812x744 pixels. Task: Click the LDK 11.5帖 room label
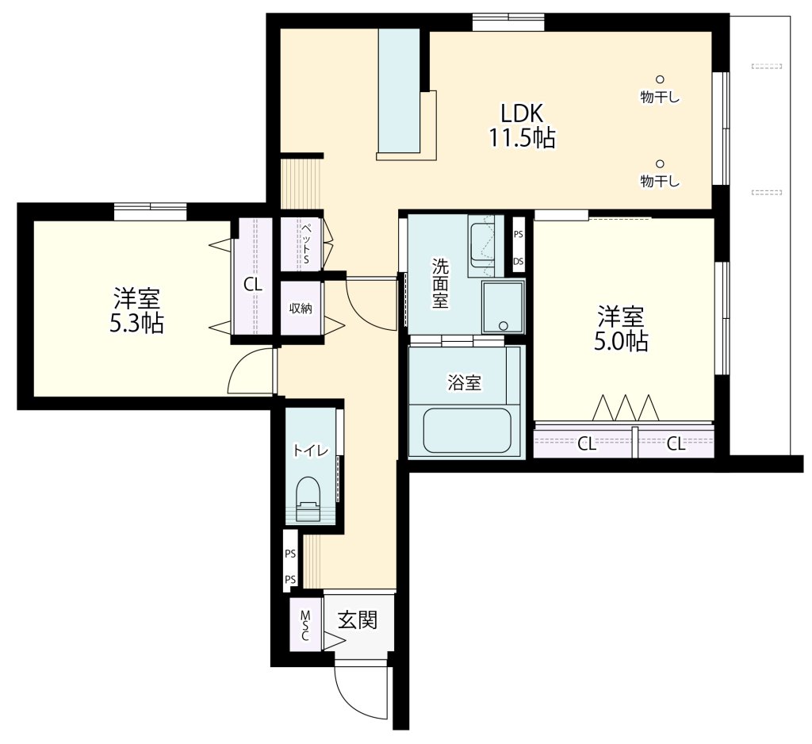(522, 125)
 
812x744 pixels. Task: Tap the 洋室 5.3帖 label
(136, 310)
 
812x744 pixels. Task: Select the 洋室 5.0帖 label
(621, 328)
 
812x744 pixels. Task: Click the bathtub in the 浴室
(467, 430)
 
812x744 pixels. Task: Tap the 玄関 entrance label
(358, 619)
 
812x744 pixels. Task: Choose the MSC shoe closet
(305, 625)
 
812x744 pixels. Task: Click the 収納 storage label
(301, 309)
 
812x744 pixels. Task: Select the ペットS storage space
(301, 244)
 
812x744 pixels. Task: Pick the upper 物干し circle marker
(660, 79)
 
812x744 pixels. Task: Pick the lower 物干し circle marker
(660, 163)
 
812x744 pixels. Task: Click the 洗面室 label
(440, 283)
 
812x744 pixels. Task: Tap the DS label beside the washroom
(519, 261)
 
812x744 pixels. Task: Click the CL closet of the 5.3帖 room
(253, 284)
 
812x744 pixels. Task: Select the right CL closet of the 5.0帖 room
(676, 443)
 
